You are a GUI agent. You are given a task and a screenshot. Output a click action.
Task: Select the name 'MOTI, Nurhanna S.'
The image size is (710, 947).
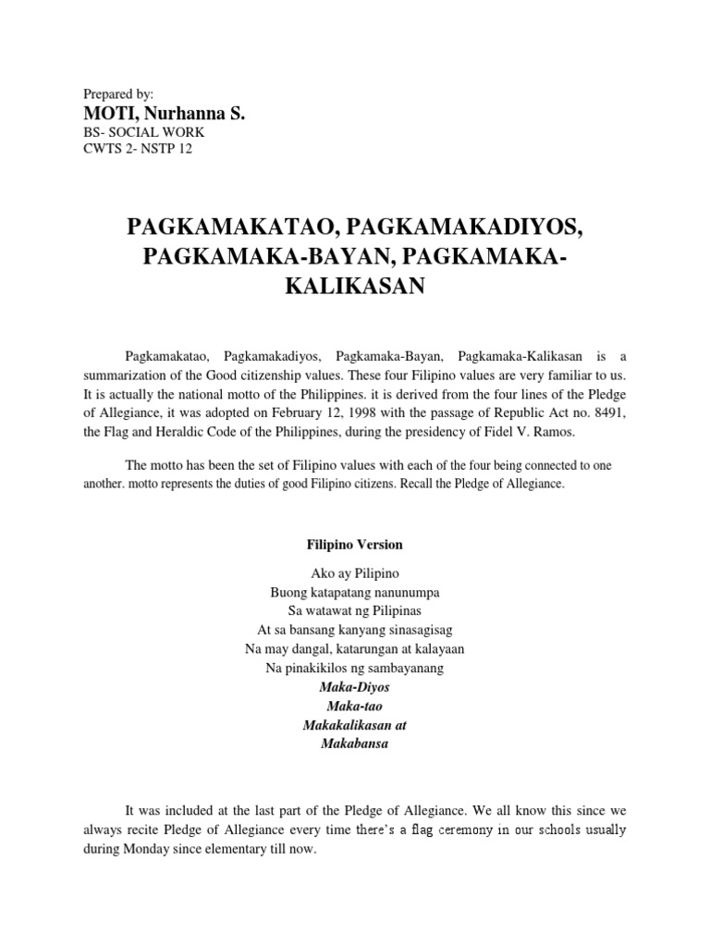pos(165,114)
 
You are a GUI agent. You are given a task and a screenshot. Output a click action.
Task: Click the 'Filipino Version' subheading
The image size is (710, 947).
pos(354,544)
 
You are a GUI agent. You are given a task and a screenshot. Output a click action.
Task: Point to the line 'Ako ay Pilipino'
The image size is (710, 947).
pos(354,573)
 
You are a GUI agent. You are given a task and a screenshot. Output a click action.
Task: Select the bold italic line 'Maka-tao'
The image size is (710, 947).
pos(354,707)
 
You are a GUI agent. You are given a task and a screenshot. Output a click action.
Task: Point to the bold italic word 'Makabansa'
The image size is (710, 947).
pos(354,743)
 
